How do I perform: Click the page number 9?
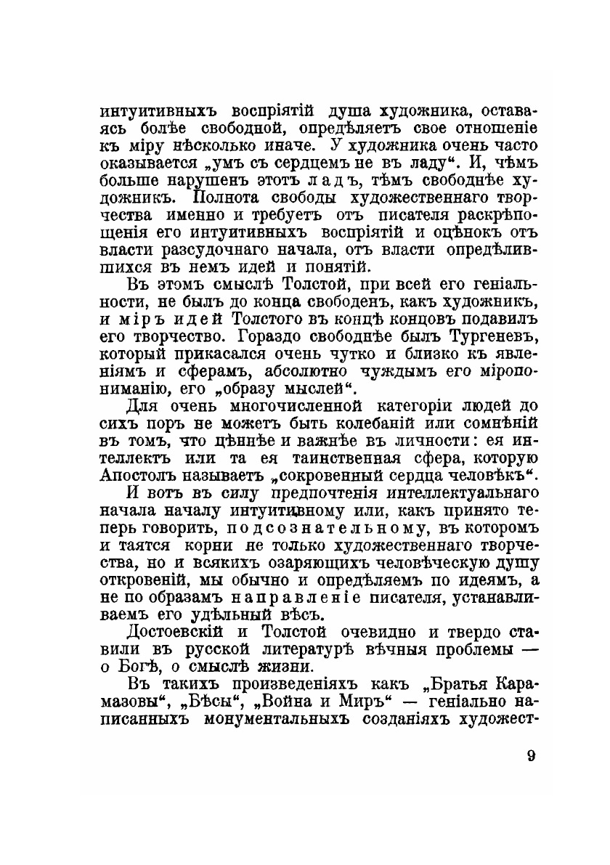tap(531, 755)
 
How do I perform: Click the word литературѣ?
tap(307, 650)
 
